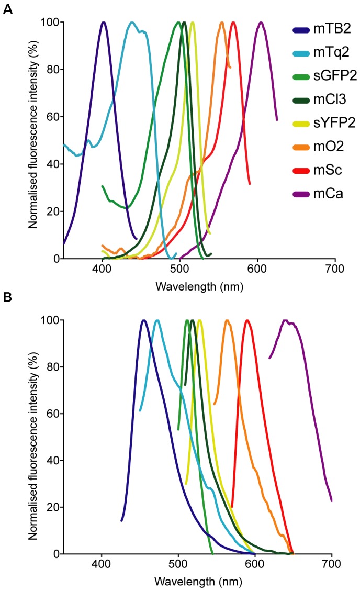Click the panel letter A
click(7, 9)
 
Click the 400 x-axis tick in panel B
click(102, 564)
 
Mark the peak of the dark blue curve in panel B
click(143, 320)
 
